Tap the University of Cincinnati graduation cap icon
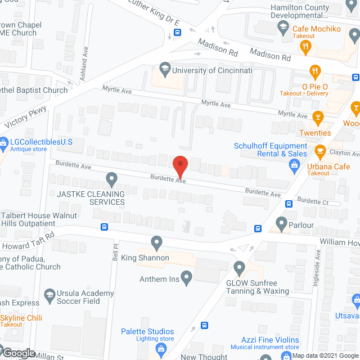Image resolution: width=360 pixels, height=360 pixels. [165, 70]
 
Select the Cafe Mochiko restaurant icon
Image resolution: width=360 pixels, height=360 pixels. [307, 47]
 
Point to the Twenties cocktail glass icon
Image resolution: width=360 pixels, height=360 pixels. [318, 118]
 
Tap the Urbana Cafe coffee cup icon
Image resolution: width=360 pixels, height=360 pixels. [321, 150]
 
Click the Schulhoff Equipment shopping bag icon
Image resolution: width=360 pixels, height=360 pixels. [294, 165]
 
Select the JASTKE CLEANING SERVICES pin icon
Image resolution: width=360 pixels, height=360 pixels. [111, 180]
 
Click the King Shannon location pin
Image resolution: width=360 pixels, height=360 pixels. [157, 243]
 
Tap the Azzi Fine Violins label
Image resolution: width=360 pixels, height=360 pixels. [272, 341]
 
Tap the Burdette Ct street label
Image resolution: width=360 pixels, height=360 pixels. [313, 201]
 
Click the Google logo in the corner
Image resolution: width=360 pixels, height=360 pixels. [19, 353]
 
